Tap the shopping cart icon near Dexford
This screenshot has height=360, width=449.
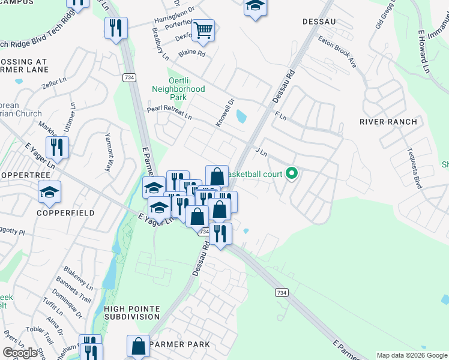coord(203,30)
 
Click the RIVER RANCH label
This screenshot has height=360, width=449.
coord(388,122)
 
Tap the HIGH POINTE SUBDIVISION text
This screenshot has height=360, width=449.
coord(132,312)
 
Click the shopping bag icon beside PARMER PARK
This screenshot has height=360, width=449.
coord(138,346)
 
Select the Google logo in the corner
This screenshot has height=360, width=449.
coord(20,353)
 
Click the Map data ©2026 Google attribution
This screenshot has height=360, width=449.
coord(411,355)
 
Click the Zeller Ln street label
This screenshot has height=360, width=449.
coord(54,83)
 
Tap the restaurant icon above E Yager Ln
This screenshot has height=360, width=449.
coord(57,147)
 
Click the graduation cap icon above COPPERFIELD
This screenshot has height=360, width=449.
coord(50,192)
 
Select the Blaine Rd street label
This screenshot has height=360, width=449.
coord(193,53)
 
